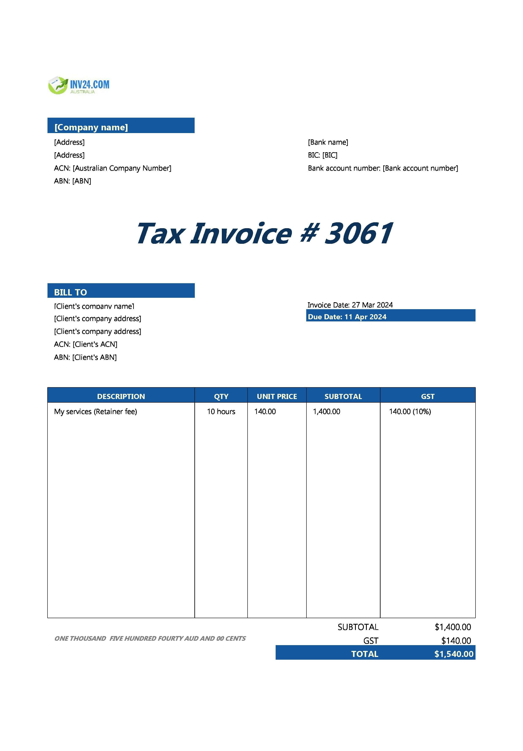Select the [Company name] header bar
pyautogui.click(x=121, y=126)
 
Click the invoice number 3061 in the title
pyautogui.click(x=358, y=233)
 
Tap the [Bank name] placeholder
pyautogui.click(x=328, y=142)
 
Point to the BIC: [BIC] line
pyautogui.click(x=322, y=155)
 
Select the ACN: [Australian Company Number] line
pyautogui.click(x=112, y=168)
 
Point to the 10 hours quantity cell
pyautogui.click(x=221, y=411)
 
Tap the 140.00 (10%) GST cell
pyautogui.click(x=410, y=411)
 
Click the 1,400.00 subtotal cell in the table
pyautogui.click(x=326, y=411)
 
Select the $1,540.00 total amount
pyautogui.click(x=453, y=654)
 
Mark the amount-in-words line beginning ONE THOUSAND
pyautogui.click(x=150, y=638)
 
